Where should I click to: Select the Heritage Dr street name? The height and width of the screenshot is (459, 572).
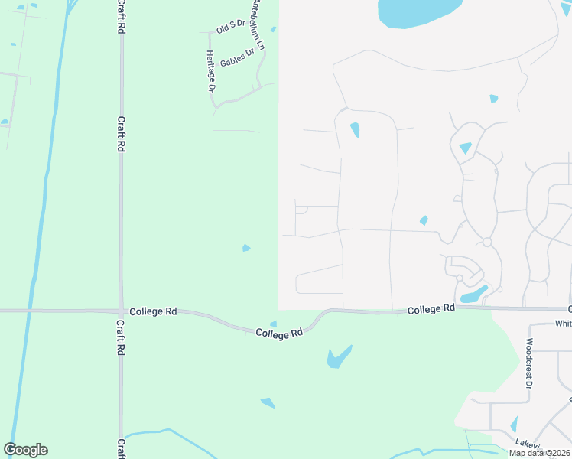[211, 71]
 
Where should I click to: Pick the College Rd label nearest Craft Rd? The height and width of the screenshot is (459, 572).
[154, 311]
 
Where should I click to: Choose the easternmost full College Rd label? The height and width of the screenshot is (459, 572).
[431, 309]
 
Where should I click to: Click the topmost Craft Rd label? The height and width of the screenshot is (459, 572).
[121, 16]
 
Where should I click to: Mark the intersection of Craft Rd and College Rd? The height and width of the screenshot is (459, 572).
[121, 311]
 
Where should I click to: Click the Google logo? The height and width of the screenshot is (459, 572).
[25, 450]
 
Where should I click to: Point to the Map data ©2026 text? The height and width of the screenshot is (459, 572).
[539, 453]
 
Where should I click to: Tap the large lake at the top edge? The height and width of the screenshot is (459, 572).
[417, 11]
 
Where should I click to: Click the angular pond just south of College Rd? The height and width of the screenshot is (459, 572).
[337, 357]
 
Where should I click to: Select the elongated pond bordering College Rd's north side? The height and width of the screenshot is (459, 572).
[474, 295]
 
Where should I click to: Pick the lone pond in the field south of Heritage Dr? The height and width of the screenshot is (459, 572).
[245, 248]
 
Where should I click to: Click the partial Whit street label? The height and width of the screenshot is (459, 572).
[563, 324]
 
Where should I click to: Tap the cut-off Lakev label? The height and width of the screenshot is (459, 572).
[528, 443]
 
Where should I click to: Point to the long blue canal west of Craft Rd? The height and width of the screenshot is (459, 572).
[39, 229]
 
